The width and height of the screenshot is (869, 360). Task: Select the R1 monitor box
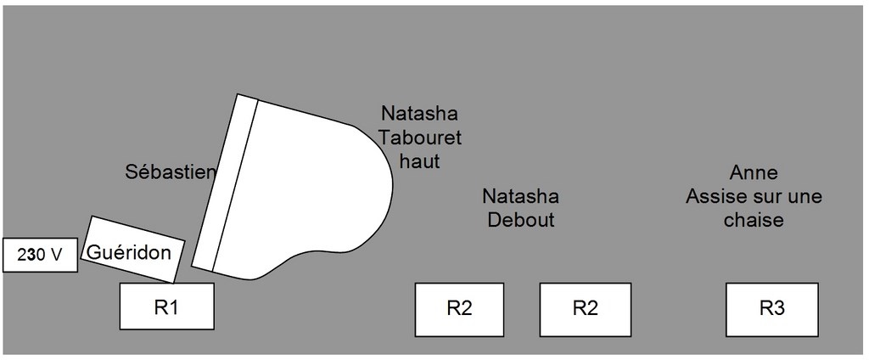click(x=166, y=307)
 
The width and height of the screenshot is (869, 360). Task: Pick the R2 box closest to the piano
click(x=459, y=308)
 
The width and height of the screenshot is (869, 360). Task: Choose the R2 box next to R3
click(x=586, y=308)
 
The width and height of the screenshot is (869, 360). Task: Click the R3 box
click(x=771, y=308)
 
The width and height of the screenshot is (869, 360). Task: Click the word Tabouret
click(x=421, y=137)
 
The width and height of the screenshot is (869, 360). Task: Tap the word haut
click(x=420, y=160)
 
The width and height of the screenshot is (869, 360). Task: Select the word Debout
click(x=520, y=220)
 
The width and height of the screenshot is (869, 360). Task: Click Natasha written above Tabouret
click(x=419, y=113)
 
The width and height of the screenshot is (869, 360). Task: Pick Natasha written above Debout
click(x=520, y=197)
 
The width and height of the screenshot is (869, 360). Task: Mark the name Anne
click(x=754, y=173)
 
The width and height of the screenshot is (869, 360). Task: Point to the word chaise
click(x=754, y=220)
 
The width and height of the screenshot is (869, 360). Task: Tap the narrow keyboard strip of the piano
click(x=225, y=183)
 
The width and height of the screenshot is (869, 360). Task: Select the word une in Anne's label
click(x=803, y=197)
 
